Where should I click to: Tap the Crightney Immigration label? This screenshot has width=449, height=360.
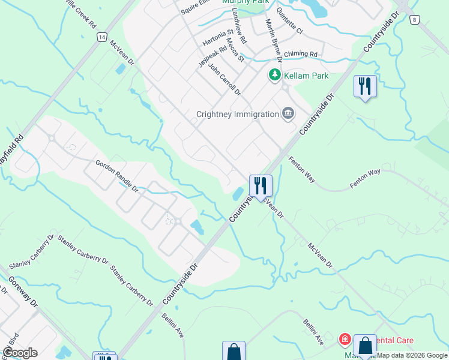click(x=238, y=114)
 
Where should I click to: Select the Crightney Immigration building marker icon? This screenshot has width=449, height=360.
click(x=288, y=113)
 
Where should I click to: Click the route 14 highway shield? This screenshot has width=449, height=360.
click(x=101, y=37)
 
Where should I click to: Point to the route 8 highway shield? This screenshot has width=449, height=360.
click(x=414, y=20)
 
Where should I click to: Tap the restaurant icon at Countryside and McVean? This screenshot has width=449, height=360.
click(x=261, y=185)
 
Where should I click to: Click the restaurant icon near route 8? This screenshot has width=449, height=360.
click(x=365, y=86)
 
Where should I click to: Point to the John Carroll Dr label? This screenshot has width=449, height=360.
click(x=224, y=80)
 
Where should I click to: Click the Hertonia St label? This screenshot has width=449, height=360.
click(x=218, y=38)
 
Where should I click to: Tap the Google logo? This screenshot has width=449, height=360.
click(x=20, y=353)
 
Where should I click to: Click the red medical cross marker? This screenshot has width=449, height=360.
click(x=345, y=340)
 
